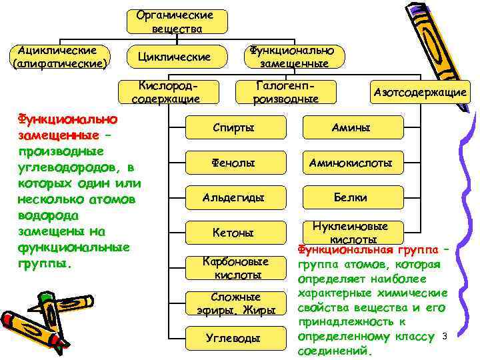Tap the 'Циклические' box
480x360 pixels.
[x=174, y=57]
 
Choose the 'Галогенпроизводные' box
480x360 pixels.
[x=285, y=93]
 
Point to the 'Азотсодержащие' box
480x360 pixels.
[x=420, y=93]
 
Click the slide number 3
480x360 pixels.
[x=445, y=334]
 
